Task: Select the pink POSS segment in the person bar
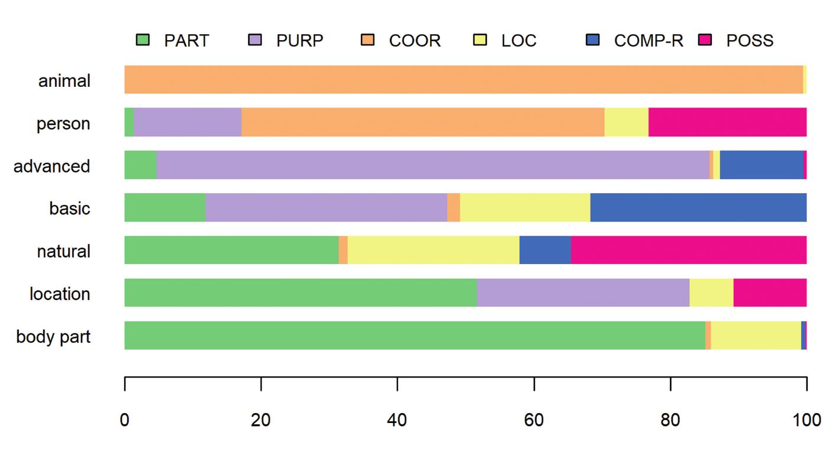727,122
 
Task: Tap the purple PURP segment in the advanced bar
433,165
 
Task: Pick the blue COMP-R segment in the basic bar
698,207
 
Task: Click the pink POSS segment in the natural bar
688,250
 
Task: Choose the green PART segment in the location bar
300,292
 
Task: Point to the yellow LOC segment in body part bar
756,335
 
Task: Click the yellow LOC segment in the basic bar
525,207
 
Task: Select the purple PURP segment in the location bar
583,292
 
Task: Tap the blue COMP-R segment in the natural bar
545,250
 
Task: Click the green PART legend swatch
143,40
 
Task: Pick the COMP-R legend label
648,41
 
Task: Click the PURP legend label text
300,41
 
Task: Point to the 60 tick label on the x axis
534,421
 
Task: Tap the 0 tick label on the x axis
125,421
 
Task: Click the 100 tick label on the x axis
806,421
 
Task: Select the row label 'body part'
53,337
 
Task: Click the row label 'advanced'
52,166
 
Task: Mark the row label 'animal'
64,81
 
